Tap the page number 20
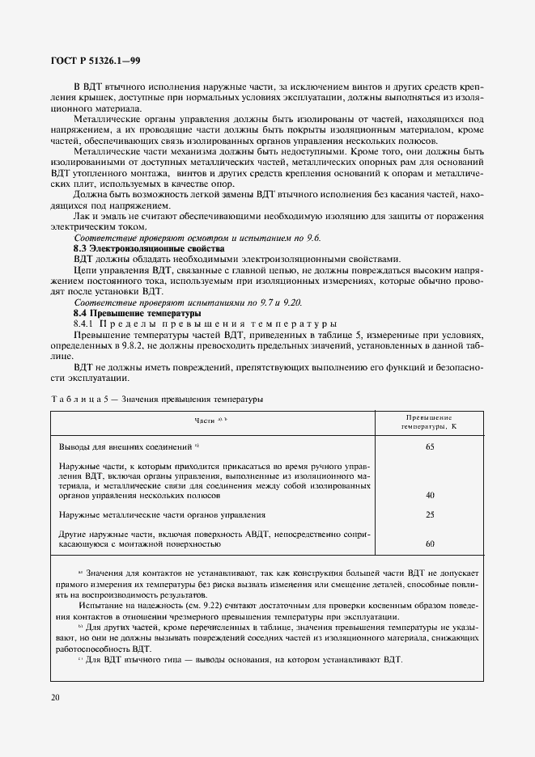pyautogui.click(x=56, y=698)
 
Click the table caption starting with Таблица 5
pyautogui.click(x=156, y=399)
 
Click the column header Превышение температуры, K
pyautogui.click(x=430, y=421)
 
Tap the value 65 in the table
pyautogui.click(x=430, y=446)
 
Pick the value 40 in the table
pyautogui.click(x=430, y=495)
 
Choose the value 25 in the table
pyautogui.click(x=430, y=514)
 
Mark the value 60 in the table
pyautogui.click(x=430, y=543)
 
